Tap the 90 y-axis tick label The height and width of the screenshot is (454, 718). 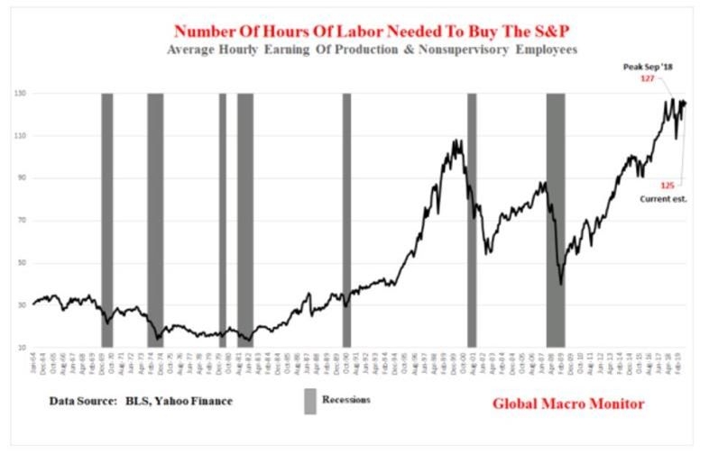[19, 178]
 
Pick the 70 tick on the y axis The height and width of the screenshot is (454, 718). [19, 221]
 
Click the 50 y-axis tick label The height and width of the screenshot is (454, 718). [19, 263]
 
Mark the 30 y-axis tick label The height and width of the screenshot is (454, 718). [19, 305]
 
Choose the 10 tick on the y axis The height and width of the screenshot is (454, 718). [19, 348]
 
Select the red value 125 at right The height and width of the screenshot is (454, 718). [667, 184]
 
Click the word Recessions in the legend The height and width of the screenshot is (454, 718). [347, 398]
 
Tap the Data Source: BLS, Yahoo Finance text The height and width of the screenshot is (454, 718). [140, 399]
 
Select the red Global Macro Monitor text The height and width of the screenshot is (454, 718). [568, 404]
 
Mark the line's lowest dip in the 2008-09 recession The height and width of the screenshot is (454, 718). [561, 284]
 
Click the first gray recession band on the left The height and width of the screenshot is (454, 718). [106, 220]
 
